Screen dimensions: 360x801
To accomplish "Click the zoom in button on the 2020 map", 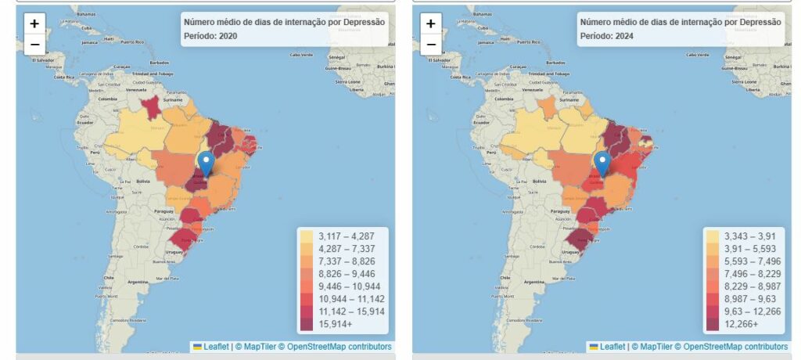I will (x=34, y=23).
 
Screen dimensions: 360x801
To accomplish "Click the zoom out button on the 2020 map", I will (x=34, y=44).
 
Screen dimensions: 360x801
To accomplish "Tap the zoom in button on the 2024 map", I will (x=431, y=23).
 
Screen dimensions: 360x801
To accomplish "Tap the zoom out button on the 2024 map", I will (x=431, y=44).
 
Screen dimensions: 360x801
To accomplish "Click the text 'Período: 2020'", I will (x=210, y=36).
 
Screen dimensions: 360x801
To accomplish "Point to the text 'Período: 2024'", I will (x=606, y=36).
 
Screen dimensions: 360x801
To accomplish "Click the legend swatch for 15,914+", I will (x=307, y=323).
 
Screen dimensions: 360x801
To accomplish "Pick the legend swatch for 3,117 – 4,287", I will (x=307, y=235).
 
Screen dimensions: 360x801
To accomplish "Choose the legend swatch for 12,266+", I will (x=713, y=323).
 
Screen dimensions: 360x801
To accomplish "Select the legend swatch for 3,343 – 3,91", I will (x=713, y=235).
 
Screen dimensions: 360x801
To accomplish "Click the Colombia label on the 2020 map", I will (x=107, y=99).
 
